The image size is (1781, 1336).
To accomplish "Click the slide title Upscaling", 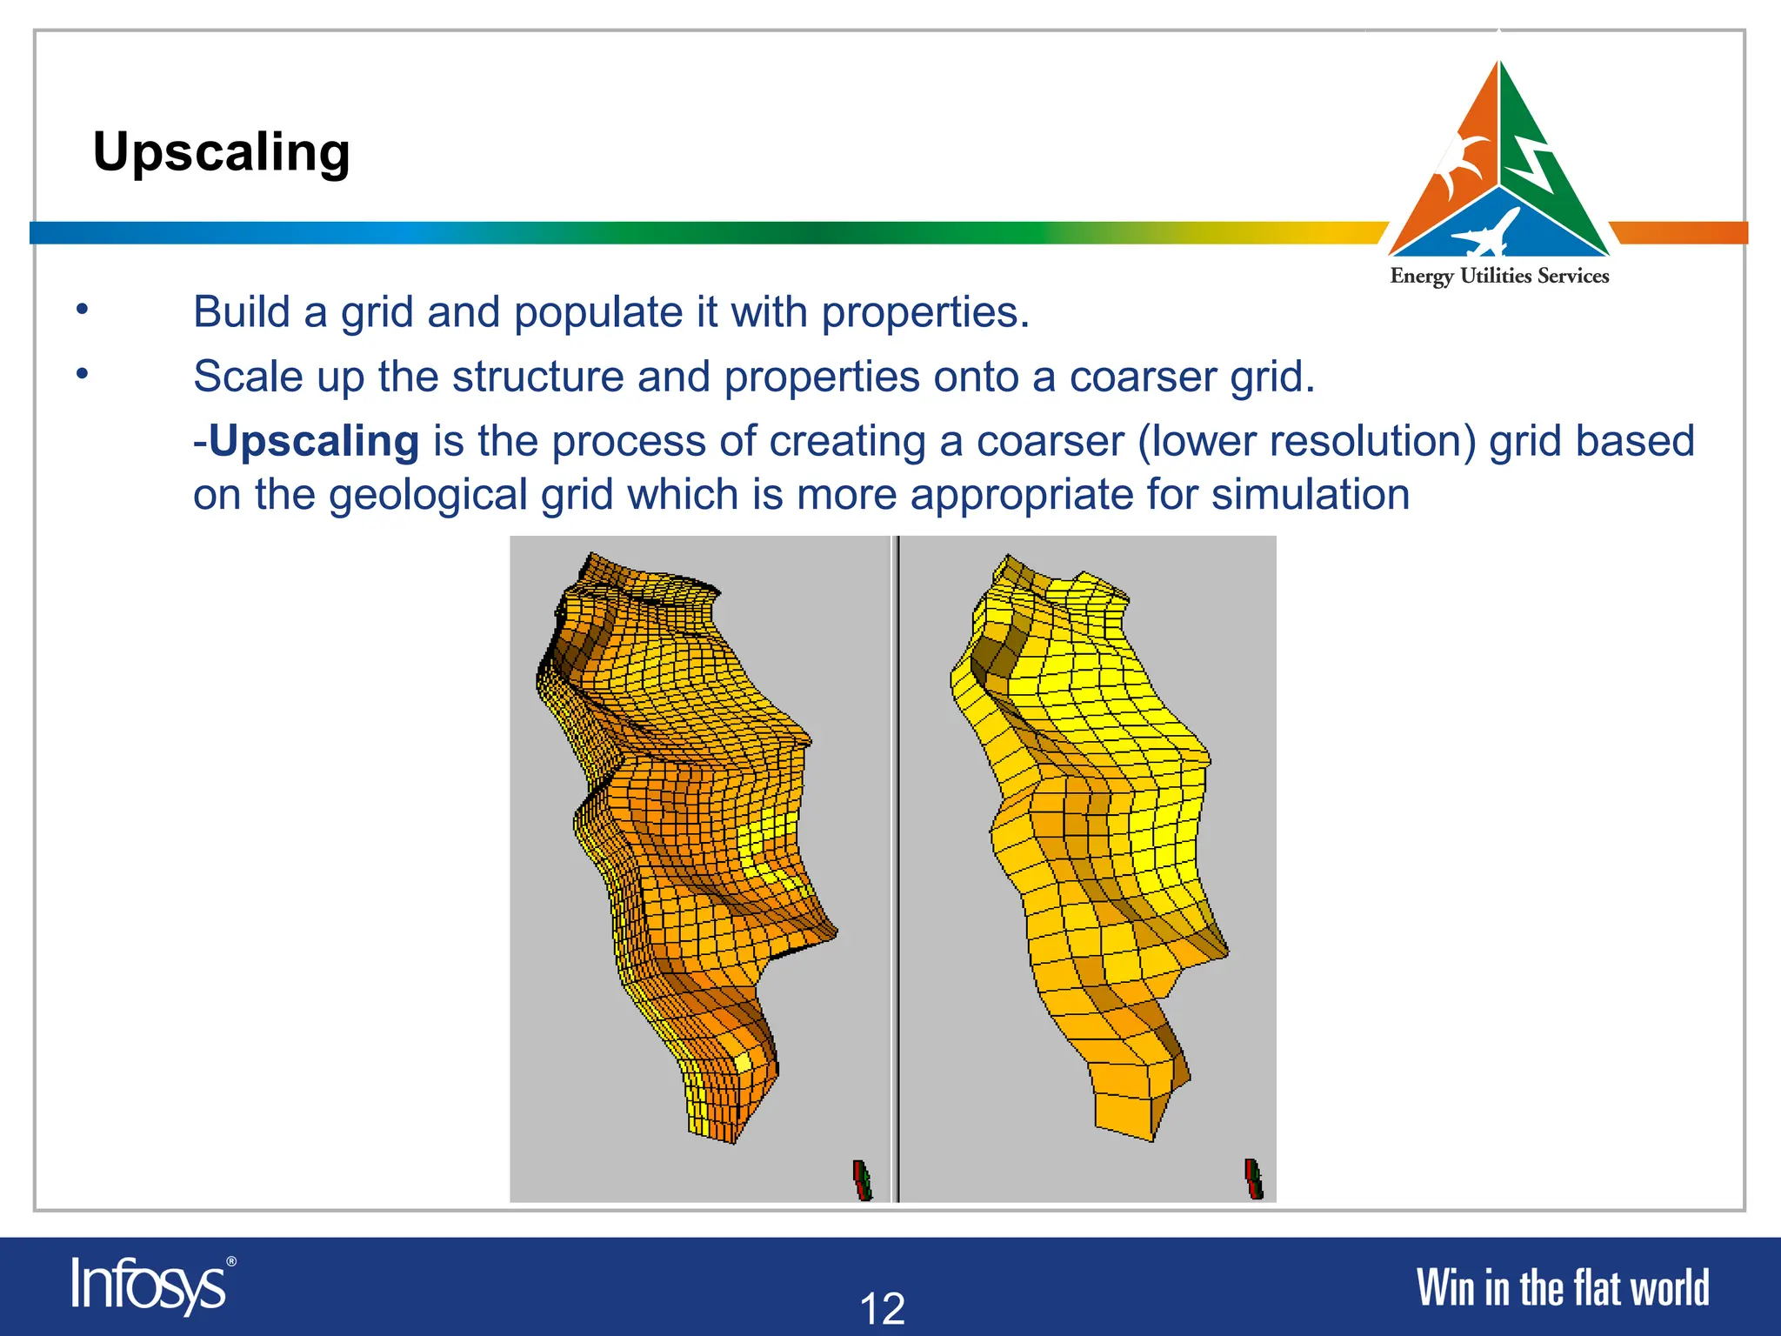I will coord(222,152).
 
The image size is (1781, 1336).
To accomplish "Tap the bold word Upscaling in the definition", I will coord(314,441).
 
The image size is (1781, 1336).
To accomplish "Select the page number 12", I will coord(882,1308).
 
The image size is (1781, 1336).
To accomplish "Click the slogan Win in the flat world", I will coord(1562,1288).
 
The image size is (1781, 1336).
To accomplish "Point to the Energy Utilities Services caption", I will coord(1499,277).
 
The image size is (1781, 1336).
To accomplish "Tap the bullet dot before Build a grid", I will coord(82,309).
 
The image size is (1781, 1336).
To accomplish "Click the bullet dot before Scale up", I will coord(82,373).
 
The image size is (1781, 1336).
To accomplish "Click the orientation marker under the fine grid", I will coord(862,1180).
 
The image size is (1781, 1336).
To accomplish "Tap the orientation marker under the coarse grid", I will coord(1253,1179).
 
